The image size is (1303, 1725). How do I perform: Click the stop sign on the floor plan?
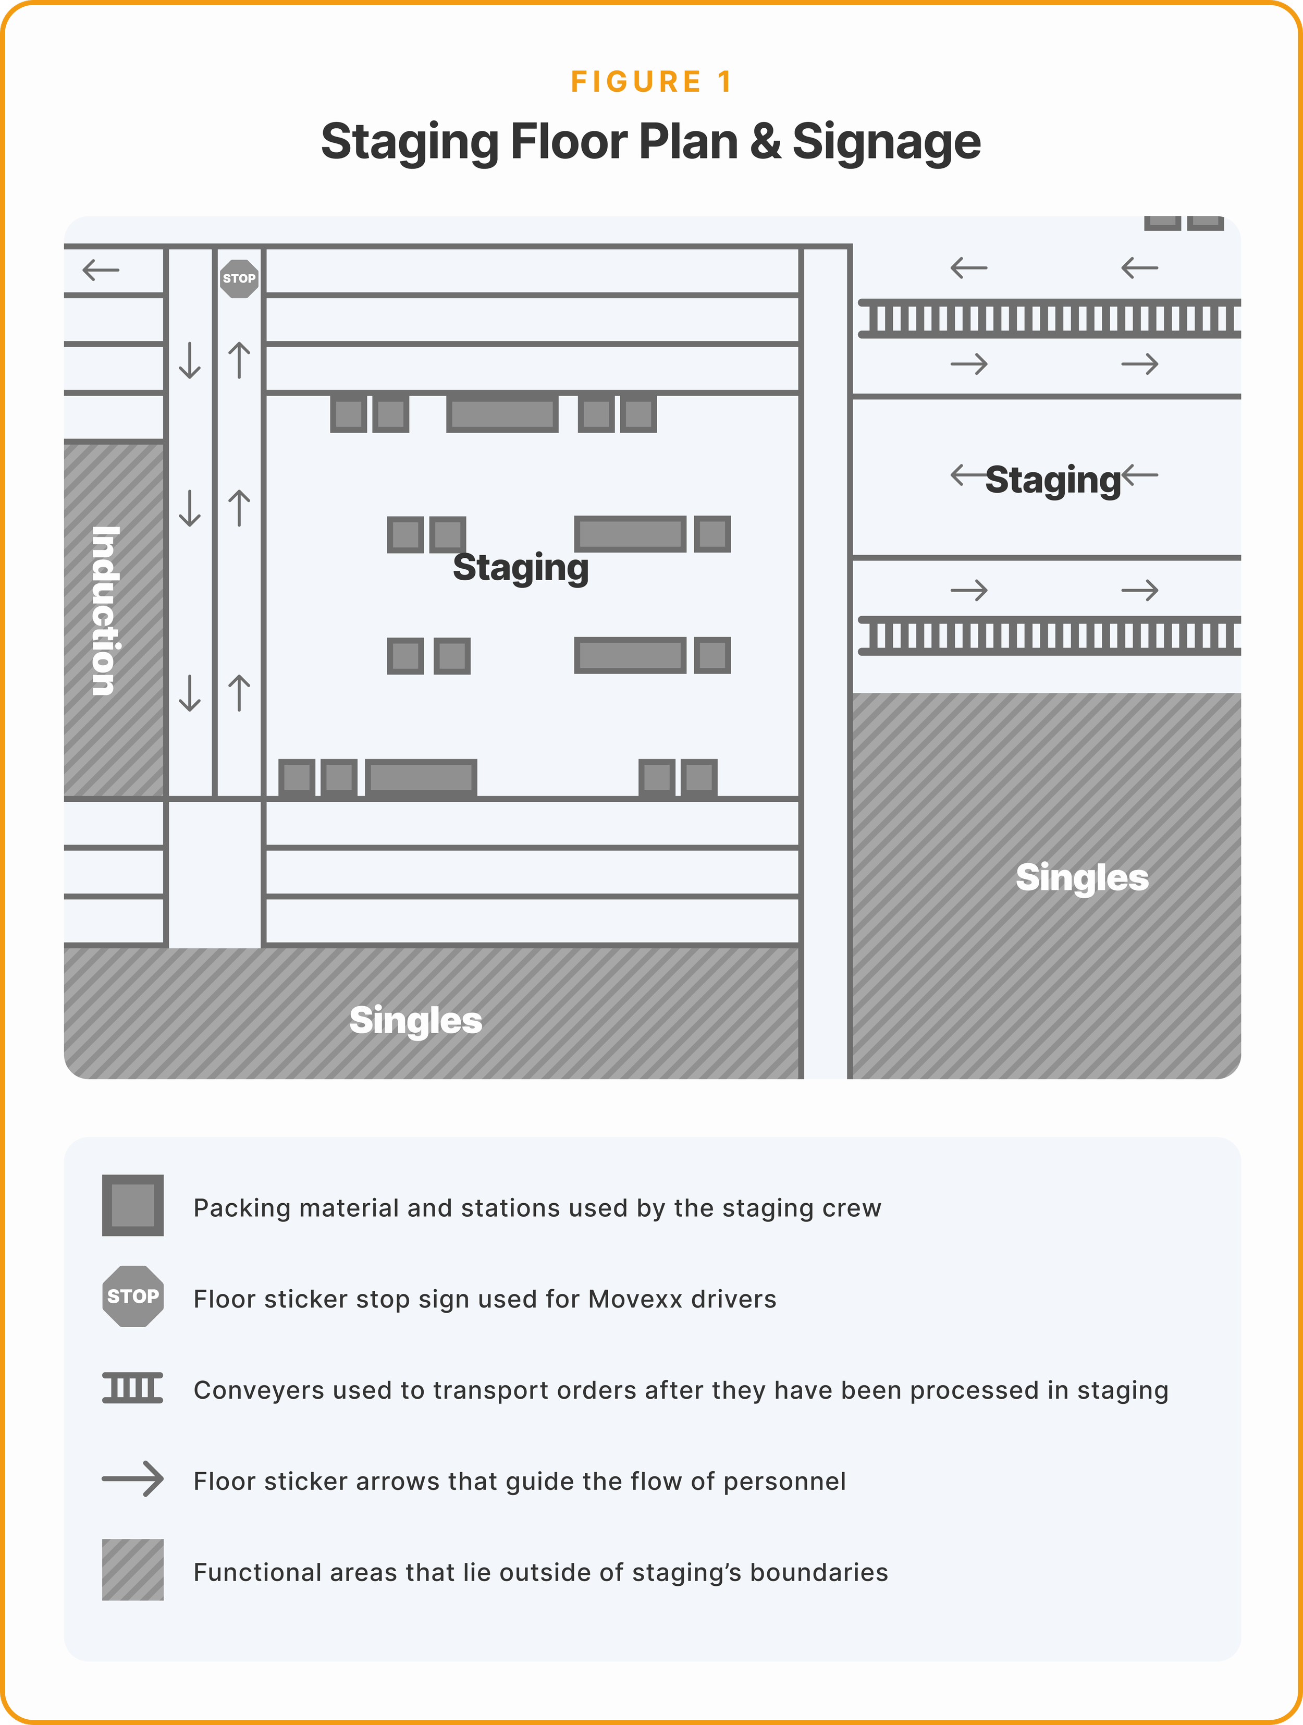[x=239, y=278]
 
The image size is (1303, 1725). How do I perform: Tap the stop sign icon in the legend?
[x=132, y=1296]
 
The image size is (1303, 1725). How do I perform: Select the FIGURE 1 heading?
[x=651, y=82]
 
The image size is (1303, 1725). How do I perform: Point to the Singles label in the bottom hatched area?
[x=415, y=1020]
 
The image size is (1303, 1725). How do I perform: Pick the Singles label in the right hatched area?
[x=1081, y=877]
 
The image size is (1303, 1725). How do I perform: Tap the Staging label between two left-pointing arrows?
[x=1053, y=479]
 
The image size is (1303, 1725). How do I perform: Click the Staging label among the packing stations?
[x=520, y=567]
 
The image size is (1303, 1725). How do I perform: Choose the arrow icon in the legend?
[x=132, y=1479]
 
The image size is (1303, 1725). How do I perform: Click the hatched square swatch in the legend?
[x=132, y=1570]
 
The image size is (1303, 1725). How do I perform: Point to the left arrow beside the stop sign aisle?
[x=101, y=271]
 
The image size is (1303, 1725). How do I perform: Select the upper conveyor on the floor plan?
[x=1049, y=318]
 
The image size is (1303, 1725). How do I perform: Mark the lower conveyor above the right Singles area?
[x=1049, y=635]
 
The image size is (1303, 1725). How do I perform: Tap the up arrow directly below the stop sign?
[x=239, y=360]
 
